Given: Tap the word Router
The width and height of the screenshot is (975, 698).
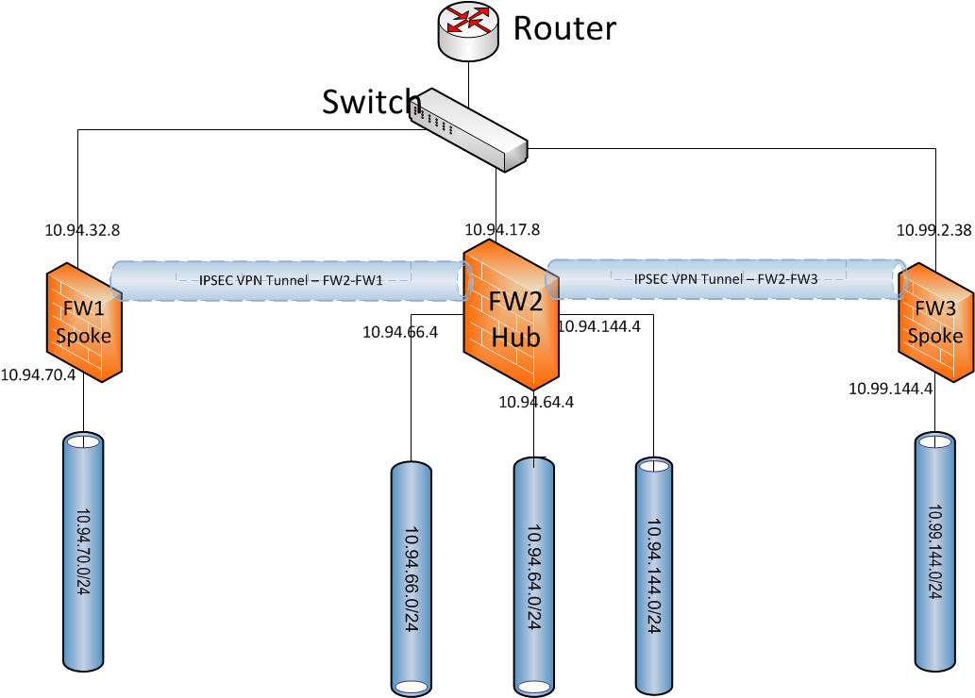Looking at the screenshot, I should coord(563,28).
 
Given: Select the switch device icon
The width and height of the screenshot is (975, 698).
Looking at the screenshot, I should coord(469,130).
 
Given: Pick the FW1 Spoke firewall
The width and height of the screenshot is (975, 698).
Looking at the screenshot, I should coord(84,321).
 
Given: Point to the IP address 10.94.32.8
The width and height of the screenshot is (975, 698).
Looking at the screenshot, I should coord(82,229).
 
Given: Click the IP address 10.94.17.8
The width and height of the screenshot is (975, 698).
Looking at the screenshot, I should coord(502,229).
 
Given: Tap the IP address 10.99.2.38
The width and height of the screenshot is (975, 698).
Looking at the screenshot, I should coord(933,229).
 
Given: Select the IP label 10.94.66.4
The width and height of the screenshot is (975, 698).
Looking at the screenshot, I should coord(400,331).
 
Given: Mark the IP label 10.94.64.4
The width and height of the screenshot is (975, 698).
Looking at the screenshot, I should coord(536,402).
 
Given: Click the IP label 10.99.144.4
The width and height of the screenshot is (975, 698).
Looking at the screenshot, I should coord(890,388).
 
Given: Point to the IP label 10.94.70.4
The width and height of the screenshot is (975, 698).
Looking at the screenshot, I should coord(38,374).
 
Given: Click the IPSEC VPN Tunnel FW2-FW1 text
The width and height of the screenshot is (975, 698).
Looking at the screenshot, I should coord(291,280).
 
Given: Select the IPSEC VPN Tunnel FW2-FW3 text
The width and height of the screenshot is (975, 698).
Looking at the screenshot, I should coord(726,279).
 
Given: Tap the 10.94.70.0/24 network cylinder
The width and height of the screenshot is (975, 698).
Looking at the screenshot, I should coord(84,552).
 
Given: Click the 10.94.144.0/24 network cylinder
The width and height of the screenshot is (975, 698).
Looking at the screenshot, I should coord(654,574).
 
